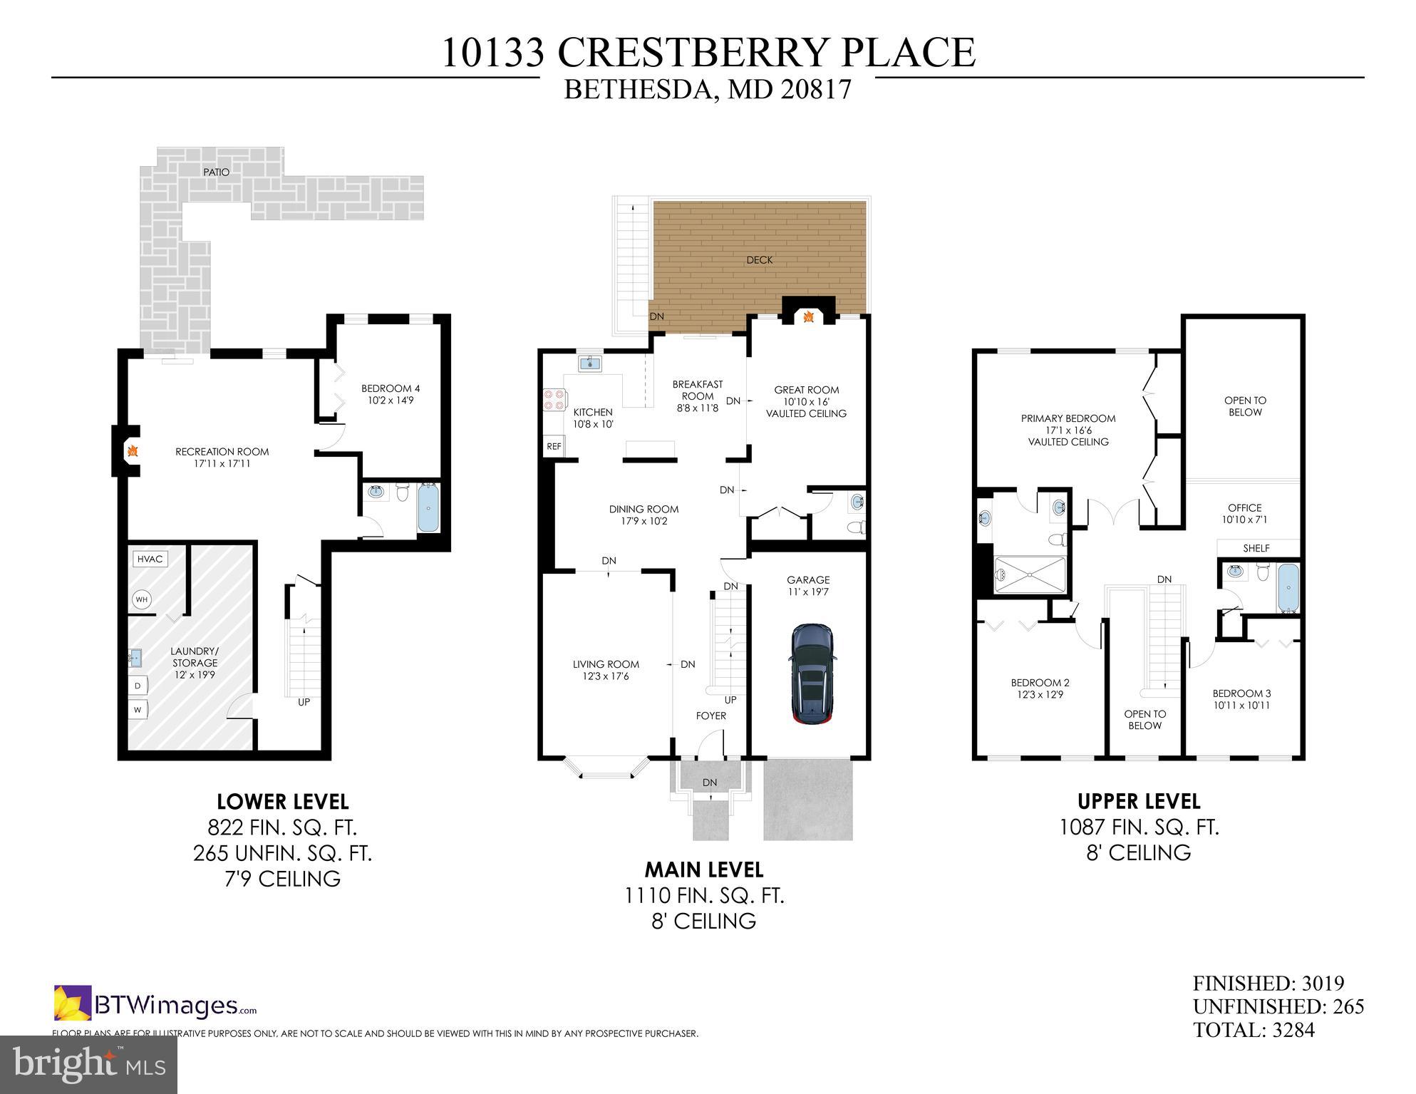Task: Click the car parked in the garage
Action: (812, 674)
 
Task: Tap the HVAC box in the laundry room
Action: (150, 559)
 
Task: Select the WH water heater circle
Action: (142, 599)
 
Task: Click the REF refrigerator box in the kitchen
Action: (554, 446)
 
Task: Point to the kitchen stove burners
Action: (554, 399)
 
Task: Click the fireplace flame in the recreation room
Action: (132, 451)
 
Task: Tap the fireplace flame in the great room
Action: (808, 316)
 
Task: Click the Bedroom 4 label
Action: (391, 388)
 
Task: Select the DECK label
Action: (759, 260)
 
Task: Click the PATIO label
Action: (216, 172)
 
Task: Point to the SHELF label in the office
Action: (1256, 548)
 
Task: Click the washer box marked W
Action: (138, 710)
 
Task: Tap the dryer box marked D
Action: (138, 686)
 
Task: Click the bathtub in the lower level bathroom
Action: (428, 507)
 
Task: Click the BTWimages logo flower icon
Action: (73, 1002)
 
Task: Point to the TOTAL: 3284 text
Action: (1254, 1030)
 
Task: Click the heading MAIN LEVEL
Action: (703, 869)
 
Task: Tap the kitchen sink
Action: (589, 364)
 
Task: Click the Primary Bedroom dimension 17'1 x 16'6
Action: (1068, 430)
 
